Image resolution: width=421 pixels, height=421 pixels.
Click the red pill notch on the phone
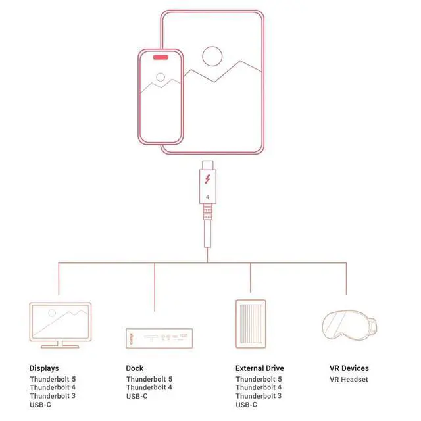pyautogui.click(x=161, y=57)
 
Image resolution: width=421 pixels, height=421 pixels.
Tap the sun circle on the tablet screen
pyautogui.click(x=212, y=47)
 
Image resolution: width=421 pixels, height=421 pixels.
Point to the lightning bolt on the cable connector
pyautogui.click(x=208, y=179)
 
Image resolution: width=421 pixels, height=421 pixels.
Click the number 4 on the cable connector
pyautogui.click(x=208, y=197)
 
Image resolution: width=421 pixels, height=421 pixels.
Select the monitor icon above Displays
pyautogui.click(x=61, y=325)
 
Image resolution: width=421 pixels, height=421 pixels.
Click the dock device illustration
pyautogui.click(x=159, y=338)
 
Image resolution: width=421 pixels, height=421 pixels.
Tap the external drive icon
pyautogui.click(x=251, y=324)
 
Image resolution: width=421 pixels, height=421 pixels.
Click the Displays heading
pyautogui.click(x=44, y=368)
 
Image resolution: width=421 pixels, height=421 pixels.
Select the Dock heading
pyautogui.click(x=134, y=368)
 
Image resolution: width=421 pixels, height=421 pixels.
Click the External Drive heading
pyautogui.click(x=260, y=368)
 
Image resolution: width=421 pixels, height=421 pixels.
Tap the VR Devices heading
pyautogui.click(x=349, y=368)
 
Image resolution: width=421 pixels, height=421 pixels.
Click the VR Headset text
pyautogui.click(x=349, y=379)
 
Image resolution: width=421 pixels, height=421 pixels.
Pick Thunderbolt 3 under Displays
pyautogui.click(x=53, y=396)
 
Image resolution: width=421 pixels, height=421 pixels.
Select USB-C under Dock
pyautogui.click(x=137, y=396)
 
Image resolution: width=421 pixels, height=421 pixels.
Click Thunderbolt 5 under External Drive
pyautogui.click(x=259, y=379)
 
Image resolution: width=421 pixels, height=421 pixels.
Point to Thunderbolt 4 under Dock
pyautogui.click(x=149, y=387)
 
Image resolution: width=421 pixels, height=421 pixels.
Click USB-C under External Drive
pyautogui.click(x=246, y=405)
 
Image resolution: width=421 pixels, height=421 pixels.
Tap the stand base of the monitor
pyautogui.click(x=60, y=347)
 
